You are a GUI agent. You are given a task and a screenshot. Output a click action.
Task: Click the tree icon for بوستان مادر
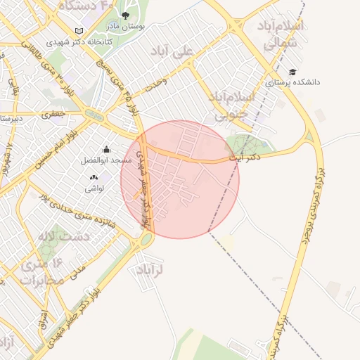pos(125,15)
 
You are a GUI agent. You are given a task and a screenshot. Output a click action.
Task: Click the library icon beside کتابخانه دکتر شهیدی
pos(79,31)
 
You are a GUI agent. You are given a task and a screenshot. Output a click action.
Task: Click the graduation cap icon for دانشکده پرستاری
pos(292,72)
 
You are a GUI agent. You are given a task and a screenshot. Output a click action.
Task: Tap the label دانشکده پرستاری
pos(292,82)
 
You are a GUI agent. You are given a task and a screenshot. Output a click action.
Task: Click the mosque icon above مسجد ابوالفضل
pos(106,149)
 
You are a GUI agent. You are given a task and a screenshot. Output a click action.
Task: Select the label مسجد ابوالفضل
pos(107,160)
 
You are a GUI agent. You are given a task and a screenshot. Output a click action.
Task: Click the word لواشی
pos(95,188)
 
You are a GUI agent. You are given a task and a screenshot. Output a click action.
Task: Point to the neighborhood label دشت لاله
pos(64,236)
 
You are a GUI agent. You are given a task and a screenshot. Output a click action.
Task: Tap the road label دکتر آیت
pos(245,157)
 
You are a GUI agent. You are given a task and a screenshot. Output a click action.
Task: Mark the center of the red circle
pos(180,179)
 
